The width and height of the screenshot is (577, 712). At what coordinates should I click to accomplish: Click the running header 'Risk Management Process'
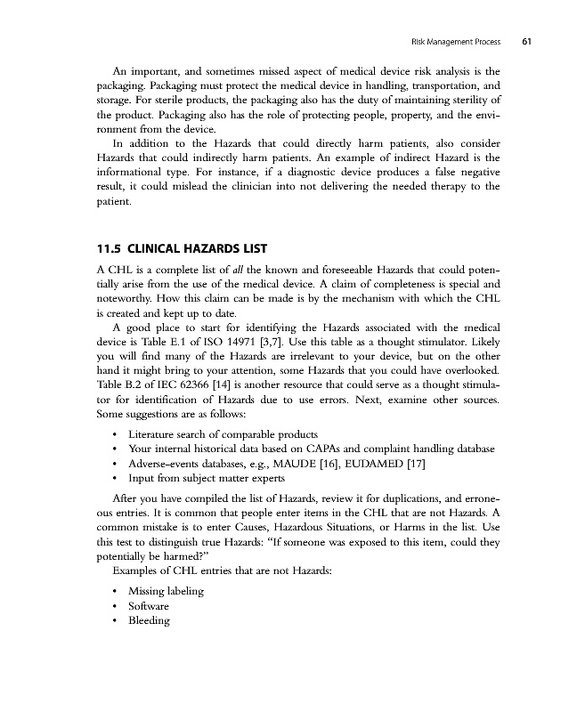pyautogui.click(x=455, y=42)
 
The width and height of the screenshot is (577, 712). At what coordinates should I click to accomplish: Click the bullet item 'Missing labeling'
pyautogui.click(x=167, y=591)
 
